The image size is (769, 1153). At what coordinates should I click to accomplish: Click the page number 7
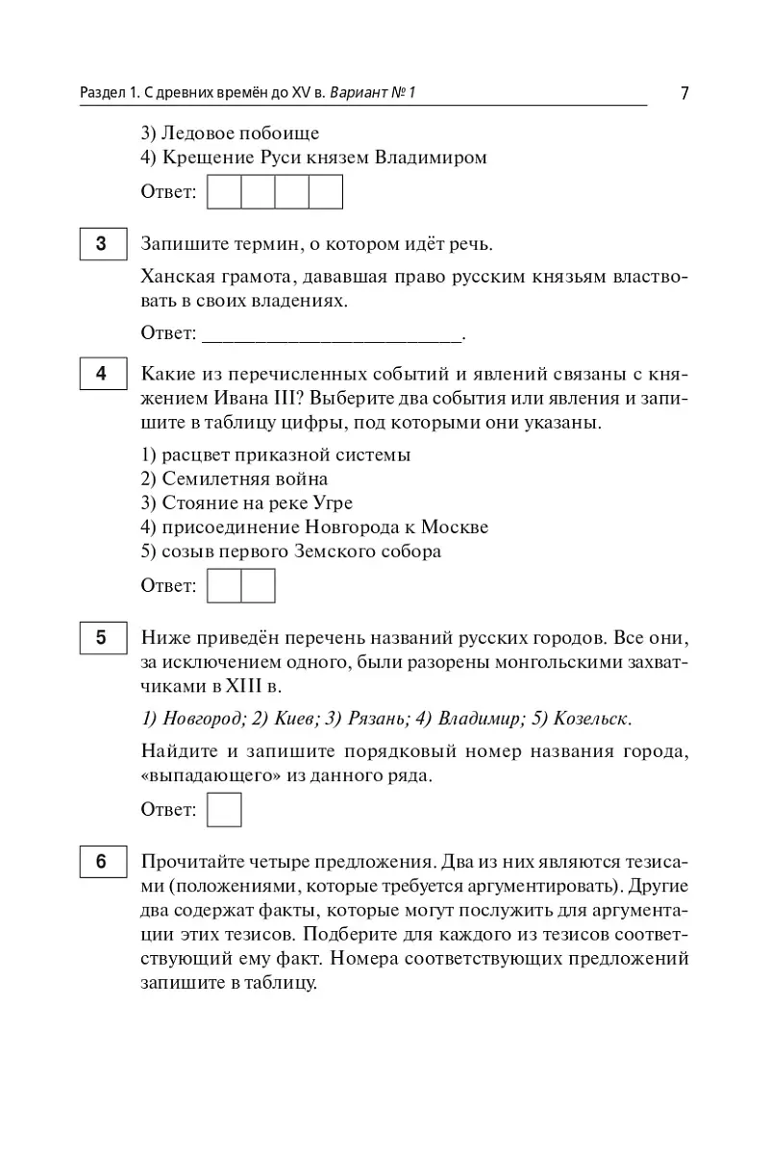point(684,93)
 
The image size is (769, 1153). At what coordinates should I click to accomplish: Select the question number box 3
point(101,244)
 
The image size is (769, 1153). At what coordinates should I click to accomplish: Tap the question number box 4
point(101,374)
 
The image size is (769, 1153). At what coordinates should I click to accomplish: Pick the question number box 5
point(101,637)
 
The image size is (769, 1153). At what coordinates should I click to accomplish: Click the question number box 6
point(101,862)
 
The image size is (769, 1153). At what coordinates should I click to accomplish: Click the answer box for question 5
point(224,809)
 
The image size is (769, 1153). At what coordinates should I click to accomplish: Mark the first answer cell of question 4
point(224,585)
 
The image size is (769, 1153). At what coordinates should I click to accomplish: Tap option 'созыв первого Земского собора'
point(290,552)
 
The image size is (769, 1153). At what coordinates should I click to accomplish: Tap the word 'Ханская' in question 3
point(179,278)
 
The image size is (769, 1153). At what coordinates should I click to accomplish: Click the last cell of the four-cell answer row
point(326,192)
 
